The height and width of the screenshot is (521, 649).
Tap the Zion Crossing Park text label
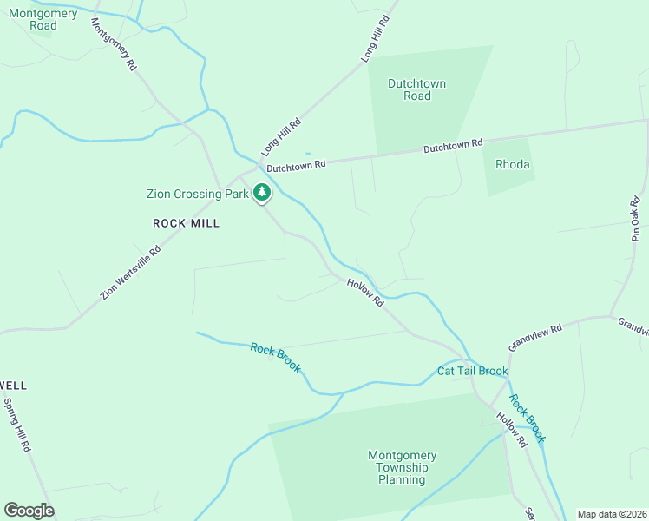pyautogui.click(x=197, y=194)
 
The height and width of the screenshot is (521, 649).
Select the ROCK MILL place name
pyautogui.click(x=186, y=223)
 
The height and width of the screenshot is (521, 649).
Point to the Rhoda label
pyautogui.click(x=512, y=164)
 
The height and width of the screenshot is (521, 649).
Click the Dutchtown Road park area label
pyautogui.click(x=416, y=89)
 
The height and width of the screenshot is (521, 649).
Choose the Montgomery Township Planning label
pyautogui.click(x=402, y=467)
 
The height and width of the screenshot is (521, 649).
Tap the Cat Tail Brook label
pyautogui.click(x=472, y=372)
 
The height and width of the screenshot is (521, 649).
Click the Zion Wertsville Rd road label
pyautogui.click(x=130, y=272)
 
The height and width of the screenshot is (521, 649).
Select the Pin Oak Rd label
pyautogui.click(x=636, y=218)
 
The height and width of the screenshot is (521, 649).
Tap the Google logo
pyautogui.click(x=29, y=511)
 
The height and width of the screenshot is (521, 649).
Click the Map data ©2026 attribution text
pyautogui.click(x=612, y=514)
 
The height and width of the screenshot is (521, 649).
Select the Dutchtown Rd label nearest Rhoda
pyautogui.click(x=452, y=147)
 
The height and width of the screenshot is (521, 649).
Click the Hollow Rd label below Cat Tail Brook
pyautogui.click(x=511, y=430)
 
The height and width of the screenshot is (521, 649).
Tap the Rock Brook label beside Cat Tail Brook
pyautogui.click(x=527, y=419)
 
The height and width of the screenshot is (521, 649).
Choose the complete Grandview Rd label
pyautogui.click(x=535, y=336)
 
